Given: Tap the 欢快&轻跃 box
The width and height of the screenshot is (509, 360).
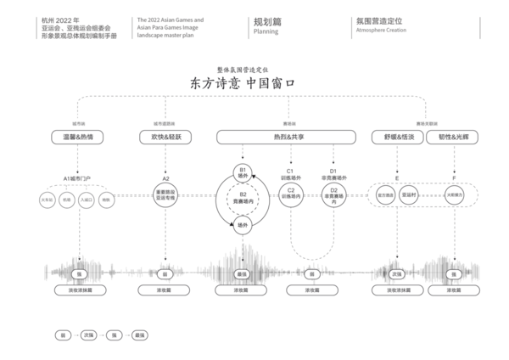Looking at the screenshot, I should pos(166,136).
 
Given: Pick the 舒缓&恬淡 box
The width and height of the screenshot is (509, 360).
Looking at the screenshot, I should pos(396,136).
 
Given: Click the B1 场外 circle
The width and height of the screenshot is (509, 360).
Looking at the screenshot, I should pos(243,172).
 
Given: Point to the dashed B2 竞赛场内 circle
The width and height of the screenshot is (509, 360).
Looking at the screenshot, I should pos(243,200).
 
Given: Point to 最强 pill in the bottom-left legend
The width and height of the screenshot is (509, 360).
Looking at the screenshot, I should pos(141,335).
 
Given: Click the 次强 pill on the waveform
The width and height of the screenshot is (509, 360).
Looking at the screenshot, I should pos(396,274).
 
